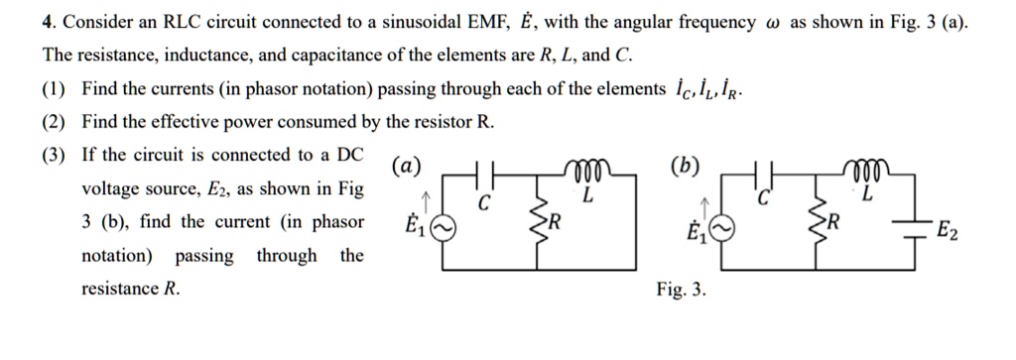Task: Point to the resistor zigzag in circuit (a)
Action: pyautogui.click(x=540, y=223)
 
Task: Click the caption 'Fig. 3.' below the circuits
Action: pyautogui.click(x=681, y=290)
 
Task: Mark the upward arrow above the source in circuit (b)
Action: pyautogui.click(x=703, y=205)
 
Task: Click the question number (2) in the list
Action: pyautogui.click(x=54, y=122)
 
